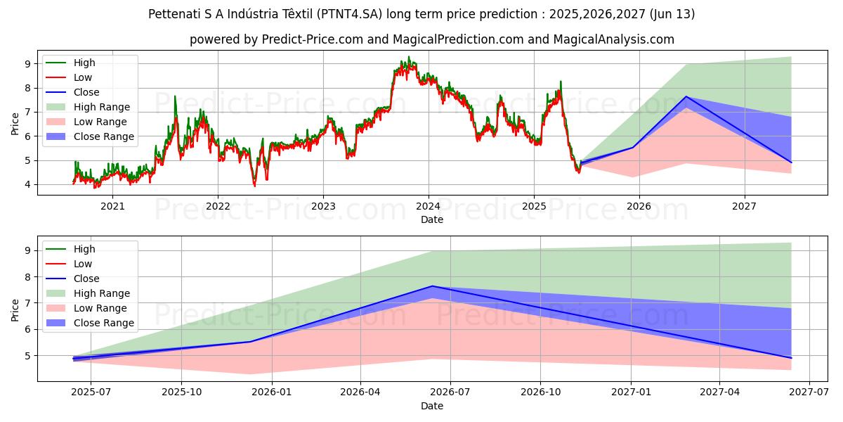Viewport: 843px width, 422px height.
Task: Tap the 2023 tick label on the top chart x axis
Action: pos(322,206)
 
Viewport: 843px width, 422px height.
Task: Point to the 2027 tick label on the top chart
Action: pos(744,206)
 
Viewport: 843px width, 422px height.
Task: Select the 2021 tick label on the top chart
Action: pos(112,206)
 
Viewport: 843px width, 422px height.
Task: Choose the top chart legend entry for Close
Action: pos(86,92)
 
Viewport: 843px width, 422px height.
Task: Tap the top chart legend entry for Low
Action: pos(83,77)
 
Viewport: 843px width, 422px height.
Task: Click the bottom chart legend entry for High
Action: pos(84,249)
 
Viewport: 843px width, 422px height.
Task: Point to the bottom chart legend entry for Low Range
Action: pos(100,308)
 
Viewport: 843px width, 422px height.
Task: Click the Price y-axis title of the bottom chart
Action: pos(15,309)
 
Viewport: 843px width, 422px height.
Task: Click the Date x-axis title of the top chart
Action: pos(431,219)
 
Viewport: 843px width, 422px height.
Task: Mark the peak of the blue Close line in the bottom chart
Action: pos(432,286)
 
